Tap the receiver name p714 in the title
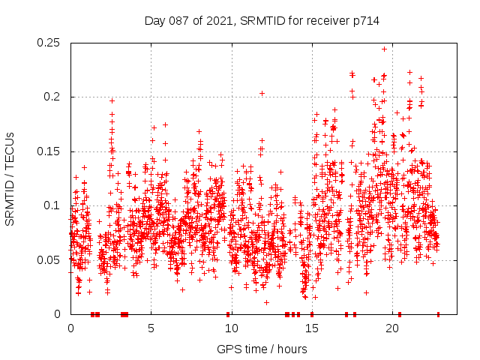363,21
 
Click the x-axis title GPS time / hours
262,349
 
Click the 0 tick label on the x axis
70,328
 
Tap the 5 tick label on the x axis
151,328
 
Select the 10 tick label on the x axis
231,328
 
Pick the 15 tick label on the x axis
311,328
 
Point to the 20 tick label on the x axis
391,328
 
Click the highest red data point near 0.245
385,49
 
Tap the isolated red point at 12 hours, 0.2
262,93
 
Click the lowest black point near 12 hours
266,302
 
